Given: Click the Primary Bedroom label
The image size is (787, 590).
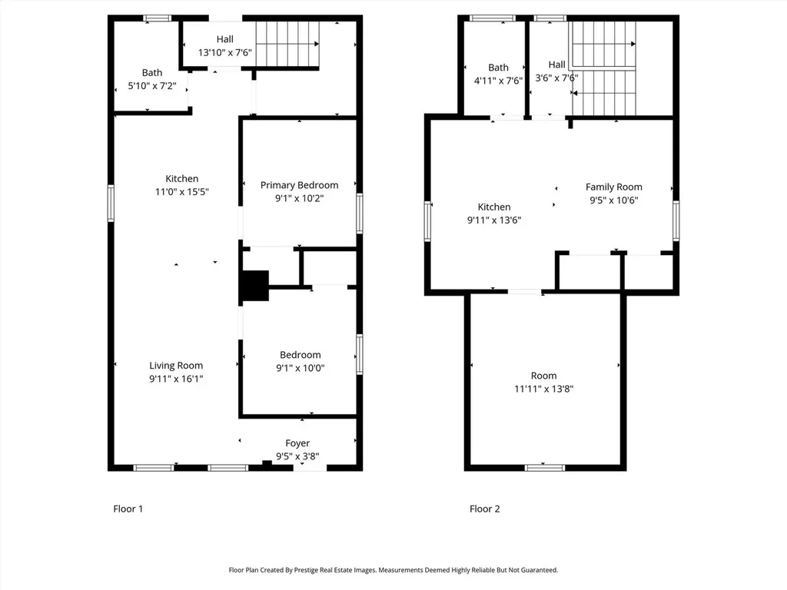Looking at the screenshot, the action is coord(299,185).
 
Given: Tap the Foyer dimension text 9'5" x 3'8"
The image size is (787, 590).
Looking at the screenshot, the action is coord(297,456).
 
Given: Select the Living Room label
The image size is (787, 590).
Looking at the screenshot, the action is coord(176,366).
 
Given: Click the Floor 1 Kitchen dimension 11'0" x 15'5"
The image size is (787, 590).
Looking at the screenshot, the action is coord(181,191).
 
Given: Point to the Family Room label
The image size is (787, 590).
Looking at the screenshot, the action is coord(614,187).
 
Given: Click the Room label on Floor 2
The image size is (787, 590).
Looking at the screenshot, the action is coord(543,376).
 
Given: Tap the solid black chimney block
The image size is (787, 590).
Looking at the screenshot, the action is coord(255,286).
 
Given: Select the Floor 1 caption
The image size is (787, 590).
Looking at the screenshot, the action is coord(128,509).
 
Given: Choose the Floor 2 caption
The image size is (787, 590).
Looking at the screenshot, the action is coord(484,509).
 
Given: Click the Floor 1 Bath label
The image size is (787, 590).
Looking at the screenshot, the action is coord(152,73).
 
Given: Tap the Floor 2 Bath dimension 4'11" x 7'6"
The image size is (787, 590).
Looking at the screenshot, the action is coord(498,81).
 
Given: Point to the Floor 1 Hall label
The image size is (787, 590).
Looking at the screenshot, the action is coord(225,39).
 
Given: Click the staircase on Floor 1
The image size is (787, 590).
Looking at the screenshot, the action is coord(287,44).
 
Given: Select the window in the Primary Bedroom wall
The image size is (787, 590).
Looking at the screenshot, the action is coord(360,214).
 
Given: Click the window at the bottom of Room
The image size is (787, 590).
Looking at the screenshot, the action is coord(545,468).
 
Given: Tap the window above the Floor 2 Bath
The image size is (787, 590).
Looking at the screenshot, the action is coord(493,18).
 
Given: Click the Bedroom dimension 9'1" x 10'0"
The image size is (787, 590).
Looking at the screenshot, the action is coord(301,368).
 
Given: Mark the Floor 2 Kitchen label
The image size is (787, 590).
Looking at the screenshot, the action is coord(494,207).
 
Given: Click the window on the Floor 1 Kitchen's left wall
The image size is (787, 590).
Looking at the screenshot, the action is coord(111,203).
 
